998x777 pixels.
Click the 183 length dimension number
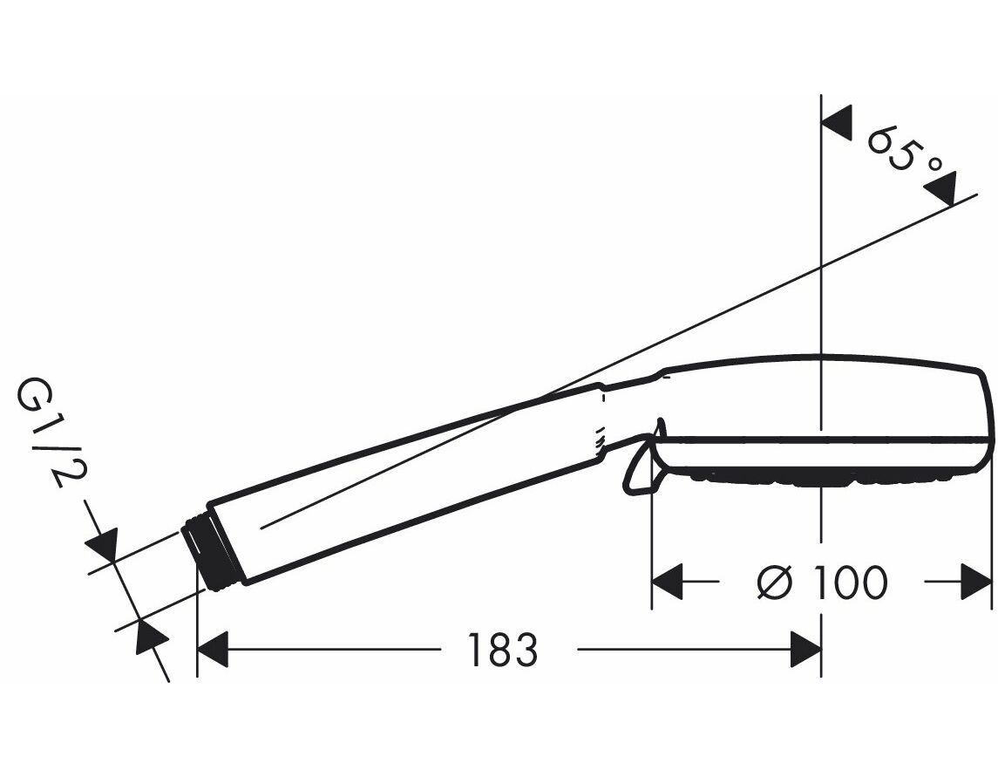pyautogui.click(x=503, y=650)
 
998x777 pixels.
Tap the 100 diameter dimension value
pyautogui.click(x=851, y=582)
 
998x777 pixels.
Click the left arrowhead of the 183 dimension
pyautogui.click(x=213, y=650)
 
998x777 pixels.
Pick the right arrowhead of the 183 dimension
pyautogui.click(x=805, y=650)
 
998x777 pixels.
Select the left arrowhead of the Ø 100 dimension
pyautogui.click(x=668, y=582)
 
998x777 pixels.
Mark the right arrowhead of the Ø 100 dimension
pyautogui.click(x=975, y=582)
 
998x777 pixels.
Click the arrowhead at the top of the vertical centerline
pyautogui.click(x=837, y=123)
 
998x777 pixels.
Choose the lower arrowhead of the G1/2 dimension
pyautogui.click(x=153, y=637)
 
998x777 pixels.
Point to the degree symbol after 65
pyautogui.click(x=934, y=167)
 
